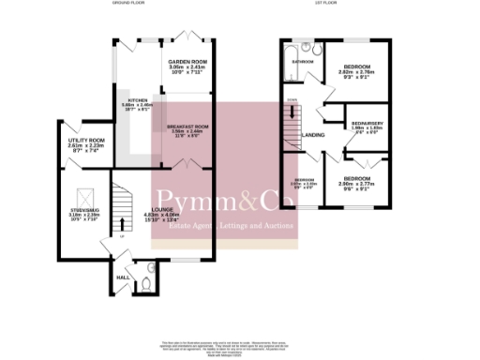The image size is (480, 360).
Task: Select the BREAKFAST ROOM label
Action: [187, 125]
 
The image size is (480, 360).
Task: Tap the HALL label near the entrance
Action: [123, 277]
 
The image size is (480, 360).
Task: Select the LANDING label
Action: [314, 134]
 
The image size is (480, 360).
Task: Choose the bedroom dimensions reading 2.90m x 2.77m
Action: [361, 184]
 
